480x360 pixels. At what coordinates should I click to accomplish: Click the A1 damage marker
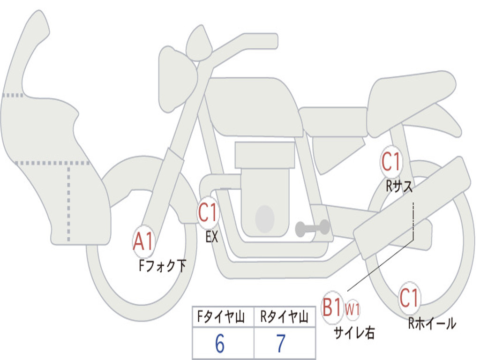tap(143, 241)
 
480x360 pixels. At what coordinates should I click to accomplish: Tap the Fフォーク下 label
tap(162, 266)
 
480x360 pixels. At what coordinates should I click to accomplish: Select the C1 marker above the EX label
tap(208, 213)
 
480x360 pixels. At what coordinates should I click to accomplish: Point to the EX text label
tap(212, 237)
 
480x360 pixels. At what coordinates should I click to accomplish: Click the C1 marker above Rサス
tap(391, 162)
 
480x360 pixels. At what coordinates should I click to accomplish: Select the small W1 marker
tap(352, 309)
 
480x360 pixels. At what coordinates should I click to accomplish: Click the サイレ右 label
tap(354, 333)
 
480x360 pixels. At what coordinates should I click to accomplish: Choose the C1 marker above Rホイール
tap(409, 298)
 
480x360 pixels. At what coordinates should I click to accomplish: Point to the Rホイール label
tap(432, 323)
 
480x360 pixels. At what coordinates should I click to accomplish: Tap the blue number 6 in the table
tap(220, 345)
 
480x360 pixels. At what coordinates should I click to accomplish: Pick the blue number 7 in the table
tap(281, 345)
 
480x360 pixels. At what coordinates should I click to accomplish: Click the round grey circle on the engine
tap(265, 218)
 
